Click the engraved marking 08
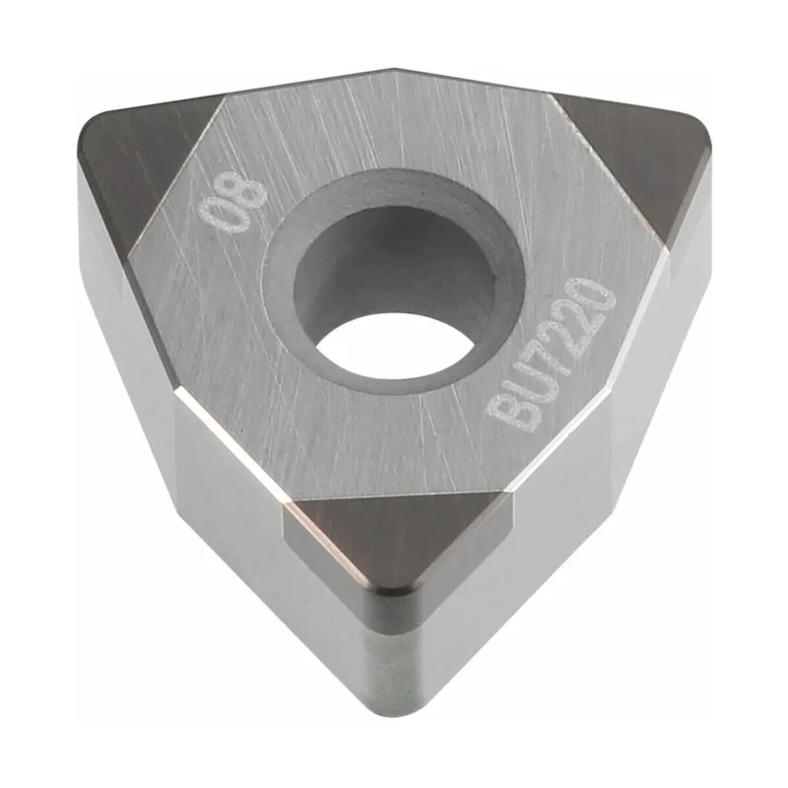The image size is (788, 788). (x=231, y=203)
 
